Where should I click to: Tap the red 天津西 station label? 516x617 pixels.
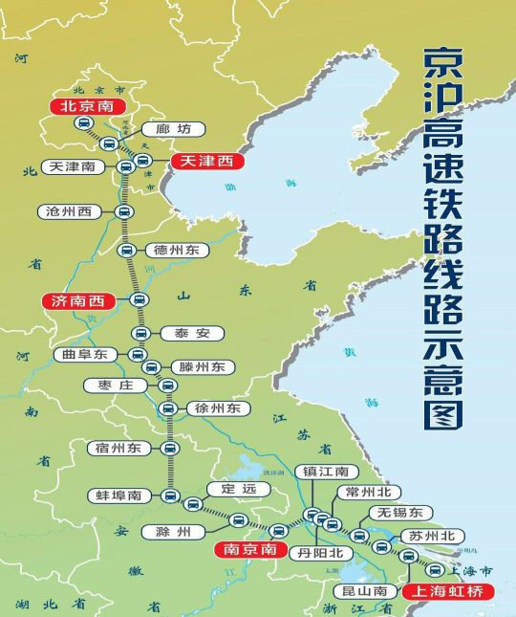point(205,162)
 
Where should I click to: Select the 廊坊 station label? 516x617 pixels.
point(159,129)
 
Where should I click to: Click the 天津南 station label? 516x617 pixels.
point(72,167)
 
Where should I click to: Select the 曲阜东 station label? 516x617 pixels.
point(85,355)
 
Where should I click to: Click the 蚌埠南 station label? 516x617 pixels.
point(119,496)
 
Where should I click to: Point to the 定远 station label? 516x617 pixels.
point(232,490)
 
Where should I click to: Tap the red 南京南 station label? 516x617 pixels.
point(248,550)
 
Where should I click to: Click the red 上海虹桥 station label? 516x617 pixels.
point(447,591)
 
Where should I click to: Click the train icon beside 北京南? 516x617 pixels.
point(84,126)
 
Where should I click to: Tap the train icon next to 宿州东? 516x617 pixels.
point(170,448)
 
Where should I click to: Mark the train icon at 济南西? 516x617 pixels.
point(140,301)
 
